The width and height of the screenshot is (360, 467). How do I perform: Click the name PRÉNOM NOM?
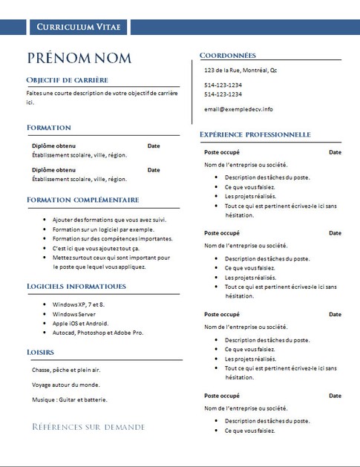(79, 58)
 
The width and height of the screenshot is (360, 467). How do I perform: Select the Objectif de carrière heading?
(67, 79)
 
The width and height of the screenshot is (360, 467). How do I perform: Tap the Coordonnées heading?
(228, 55)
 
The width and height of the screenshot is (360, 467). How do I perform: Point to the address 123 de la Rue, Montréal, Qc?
(240, 70)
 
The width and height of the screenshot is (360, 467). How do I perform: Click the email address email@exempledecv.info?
(238, 109)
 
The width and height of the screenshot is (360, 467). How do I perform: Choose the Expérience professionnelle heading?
(255, 134)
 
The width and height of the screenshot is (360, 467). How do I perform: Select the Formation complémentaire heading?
(82, 200)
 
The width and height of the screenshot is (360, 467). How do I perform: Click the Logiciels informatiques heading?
(76, 286)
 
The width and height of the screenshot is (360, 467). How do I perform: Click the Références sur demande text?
(88, 427)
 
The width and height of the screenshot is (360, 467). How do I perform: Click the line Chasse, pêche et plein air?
(65, 369)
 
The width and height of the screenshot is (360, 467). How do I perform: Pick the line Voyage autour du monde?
(65, 385)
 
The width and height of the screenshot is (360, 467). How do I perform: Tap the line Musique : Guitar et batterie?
(70, 399)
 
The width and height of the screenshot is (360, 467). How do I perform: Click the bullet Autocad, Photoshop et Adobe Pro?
(97, 333)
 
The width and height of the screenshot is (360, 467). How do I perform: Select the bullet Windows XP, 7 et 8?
(78, 304)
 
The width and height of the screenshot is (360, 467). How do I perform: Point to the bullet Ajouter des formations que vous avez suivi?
(109, 221)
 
